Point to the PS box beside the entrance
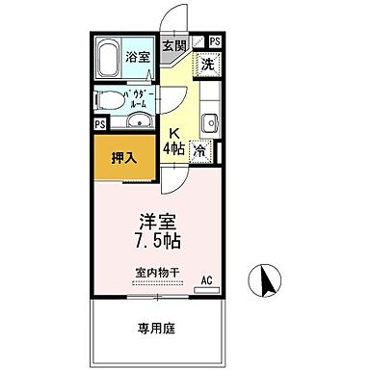(x=213, y=41)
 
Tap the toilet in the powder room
(x=106, y=100)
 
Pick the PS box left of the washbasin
(x=98, y=124)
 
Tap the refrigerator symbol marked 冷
(x=199, y=150)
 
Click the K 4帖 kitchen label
(x=173, y=143)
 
